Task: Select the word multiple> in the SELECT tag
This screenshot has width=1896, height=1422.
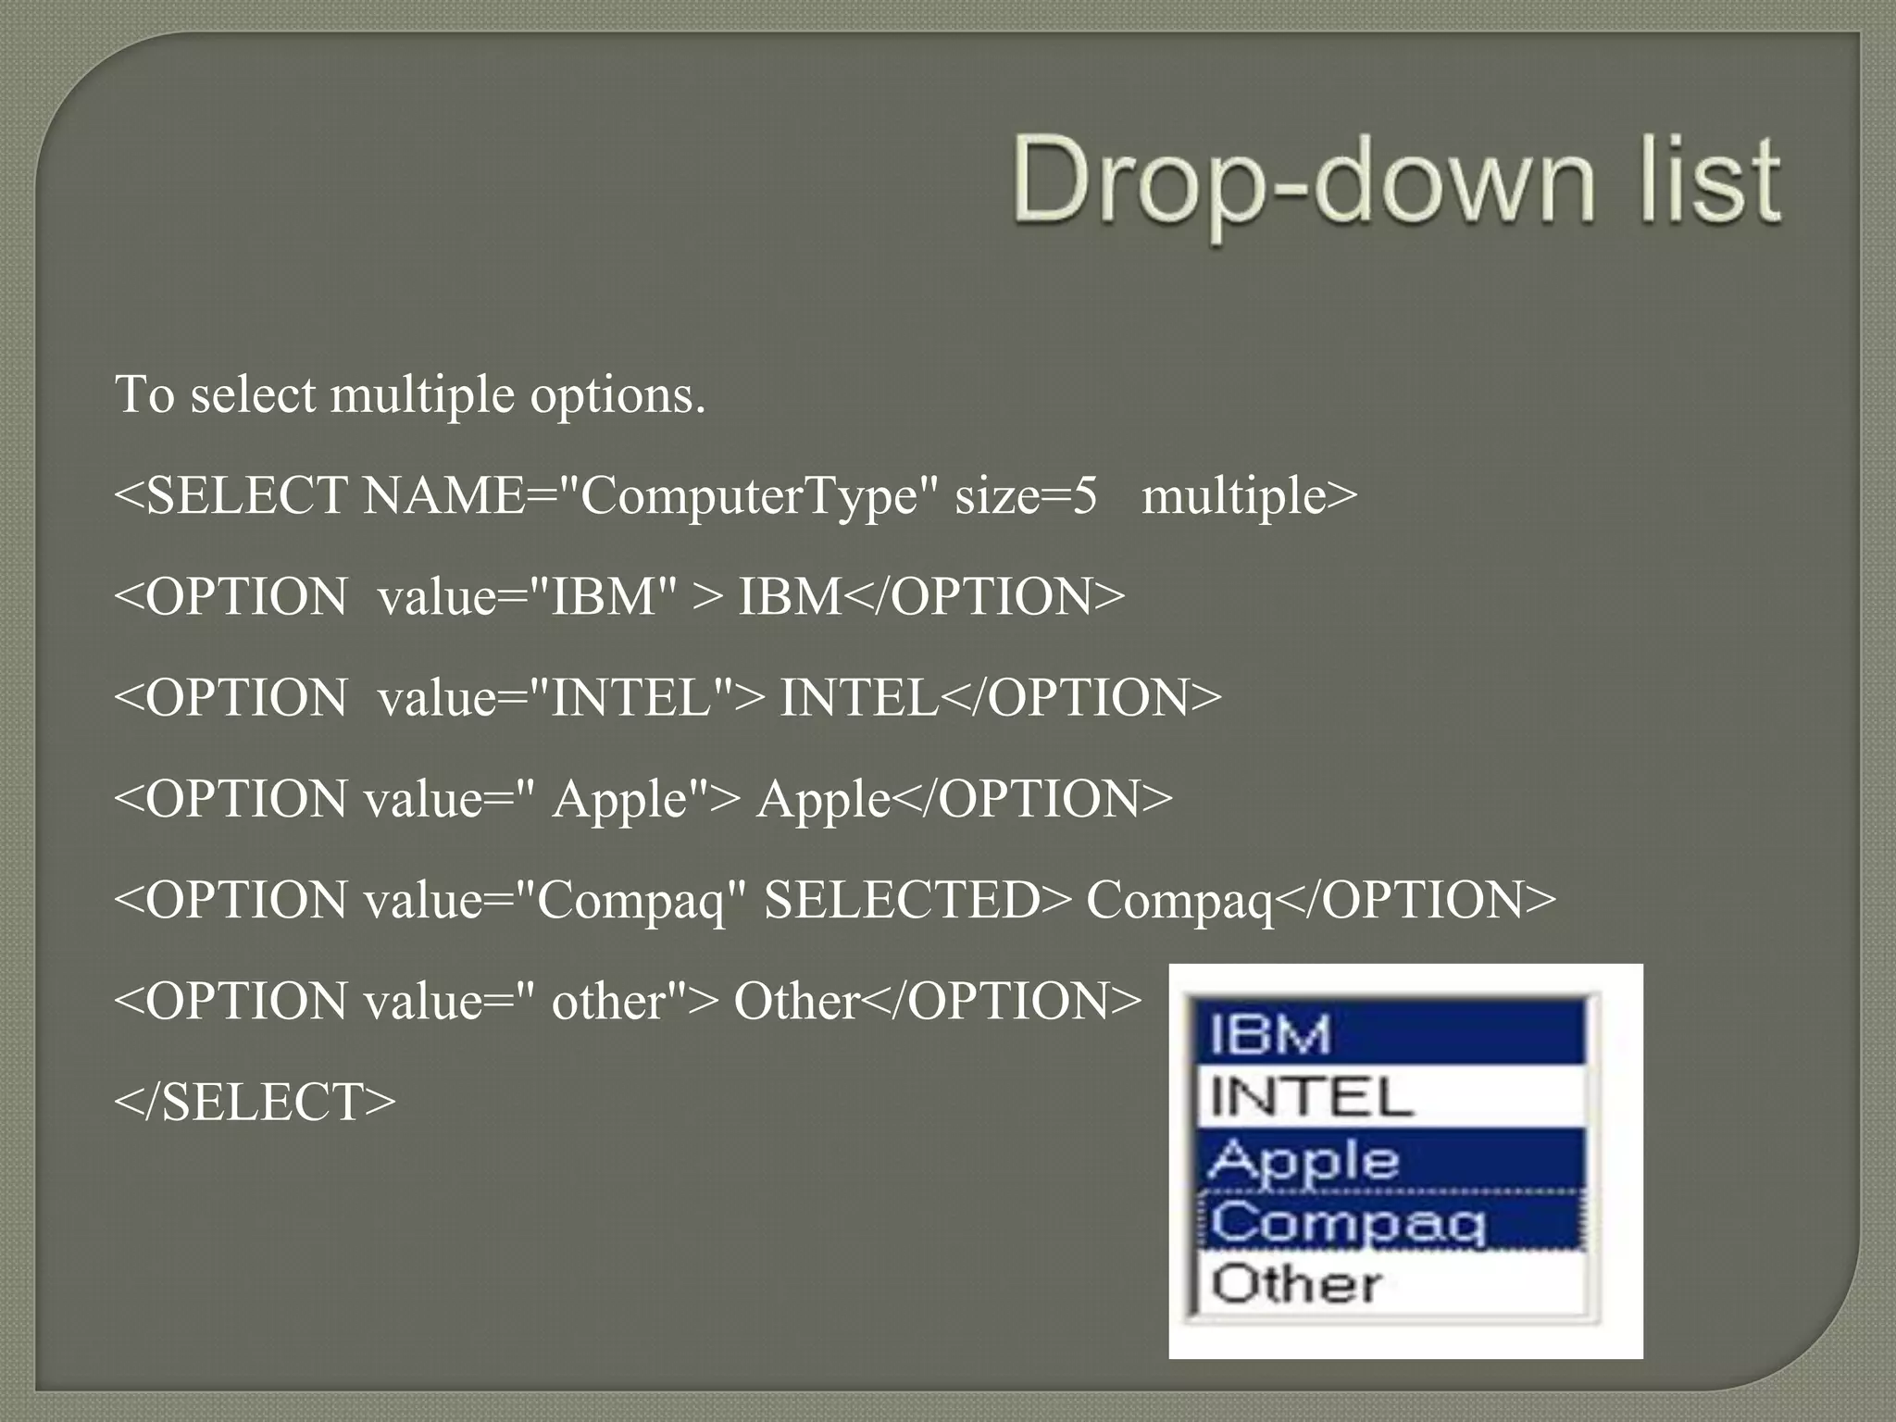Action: coord(1250,496)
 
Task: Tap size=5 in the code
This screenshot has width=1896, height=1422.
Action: coord(1026,496)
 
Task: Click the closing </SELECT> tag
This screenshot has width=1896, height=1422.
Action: coord(255,1102)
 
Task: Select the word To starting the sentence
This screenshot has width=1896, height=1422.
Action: coord(144,394)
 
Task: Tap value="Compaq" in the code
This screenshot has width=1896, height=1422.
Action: coord(555,900)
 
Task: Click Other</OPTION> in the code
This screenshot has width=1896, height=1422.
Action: coord(938,1001)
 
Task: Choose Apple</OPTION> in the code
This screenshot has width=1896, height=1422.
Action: coord(964,799)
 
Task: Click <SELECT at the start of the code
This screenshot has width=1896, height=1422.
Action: coord(231,496)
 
